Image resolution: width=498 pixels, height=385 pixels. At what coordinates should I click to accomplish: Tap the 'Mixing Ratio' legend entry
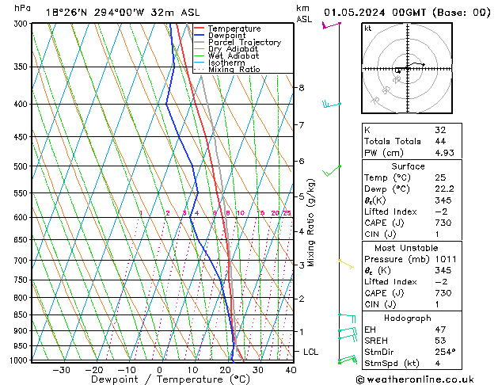234,70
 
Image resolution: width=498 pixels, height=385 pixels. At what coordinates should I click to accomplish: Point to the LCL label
311,351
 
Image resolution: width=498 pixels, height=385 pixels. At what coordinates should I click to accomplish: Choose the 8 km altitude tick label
302,87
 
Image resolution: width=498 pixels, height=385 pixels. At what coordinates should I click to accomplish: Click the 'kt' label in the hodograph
367,28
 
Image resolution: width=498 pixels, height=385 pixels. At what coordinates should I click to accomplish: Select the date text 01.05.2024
357,13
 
